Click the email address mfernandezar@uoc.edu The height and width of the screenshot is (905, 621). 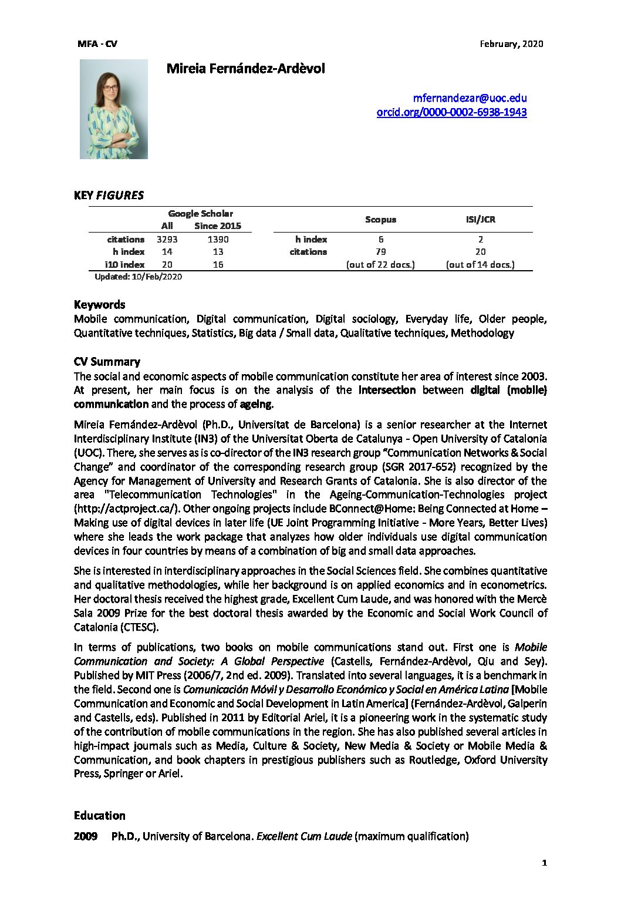pos(470,98)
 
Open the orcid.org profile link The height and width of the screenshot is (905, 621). pos(451,112)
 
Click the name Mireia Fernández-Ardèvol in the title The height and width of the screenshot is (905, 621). pos(245,68)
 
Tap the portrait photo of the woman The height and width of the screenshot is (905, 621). pos(113,109)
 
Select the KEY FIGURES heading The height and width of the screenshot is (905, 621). pos(109,196)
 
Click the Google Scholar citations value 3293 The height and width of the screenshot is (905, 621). pos(167,239)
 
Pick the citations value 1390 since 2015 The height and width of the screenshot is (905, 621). pos(218,239)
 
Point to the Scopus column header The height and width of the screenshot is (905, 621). pos(380,220)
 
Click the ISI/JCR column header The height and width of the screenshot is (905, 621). pos(480,220)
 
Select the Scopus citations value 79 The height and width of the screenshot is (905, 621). pos(380,252)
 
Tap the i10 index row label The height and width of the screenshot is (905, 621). pos(124,264)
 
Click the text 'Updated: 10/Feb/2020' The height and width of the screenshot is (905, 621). pos(138,277)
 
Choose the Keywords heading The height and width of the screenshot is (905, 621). pos(99,304)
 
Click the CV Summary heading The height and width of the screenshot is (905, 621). pos(107,361)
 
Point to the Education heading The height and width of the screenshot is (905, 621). pos(99,815)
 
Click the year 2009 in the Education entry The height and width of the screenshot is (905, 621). pos(86,836)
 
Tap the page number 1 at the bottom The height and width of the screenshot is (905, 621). pos(544,863)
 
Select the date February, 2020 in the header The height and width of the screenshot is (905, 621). pos(511,43)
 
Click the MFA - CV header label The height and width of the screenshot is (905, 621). pos(97,43)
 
